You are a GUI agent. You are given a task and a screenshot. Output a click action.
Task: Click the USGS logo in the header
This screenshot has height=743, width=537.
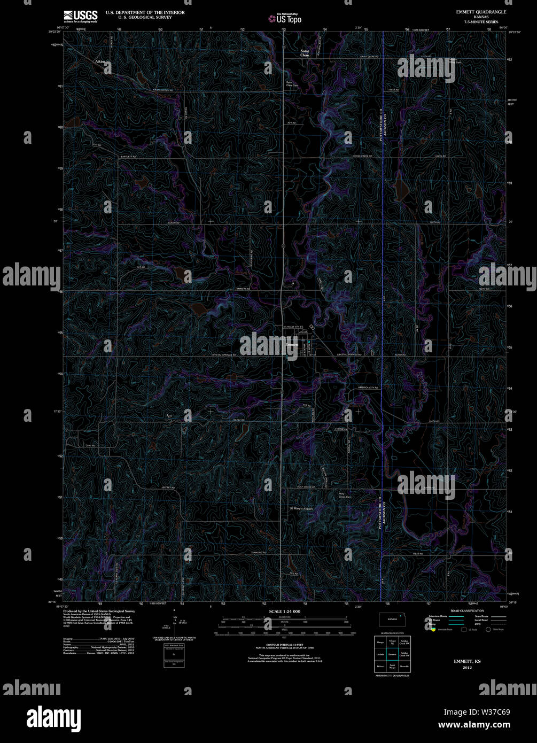[81, 16]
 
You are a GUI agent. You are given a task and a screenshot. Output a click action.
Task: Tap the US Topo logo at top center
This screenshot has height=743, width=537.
[285, 19]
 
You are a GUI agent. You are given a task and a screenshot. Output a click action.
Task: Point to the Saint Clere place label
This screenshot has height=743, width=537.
[304, 53]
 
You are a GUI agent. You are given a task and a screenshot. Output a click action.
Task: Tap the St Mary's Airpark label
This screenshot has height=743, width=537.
[301, 508]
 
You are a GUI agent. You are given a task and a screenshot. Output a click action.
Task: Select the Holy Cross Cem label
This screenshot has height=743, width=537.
[345, 496]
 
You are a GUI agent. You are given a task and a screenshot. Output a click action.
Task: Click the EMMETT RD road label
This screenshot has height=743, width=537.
[243, 289]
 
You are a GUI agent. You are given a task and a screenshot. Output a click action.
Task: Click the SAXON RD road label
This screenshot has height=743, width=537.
[172, 222]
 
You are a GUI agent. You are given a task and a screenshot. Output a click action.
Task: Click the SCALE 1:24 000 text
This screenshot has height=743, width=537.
[284, 611]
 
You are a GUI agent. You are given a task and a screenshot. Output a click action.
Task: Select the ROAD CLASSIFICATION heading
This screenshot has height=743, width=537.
[467, 610]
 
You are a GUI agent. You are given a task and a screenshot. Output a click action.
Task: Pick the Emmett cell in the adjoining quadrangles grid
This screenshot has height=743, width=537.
[392, 654]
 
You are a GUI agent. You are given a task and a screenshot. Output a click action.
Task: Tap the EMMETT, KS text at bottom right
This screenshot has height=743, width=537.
[467, 661]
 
